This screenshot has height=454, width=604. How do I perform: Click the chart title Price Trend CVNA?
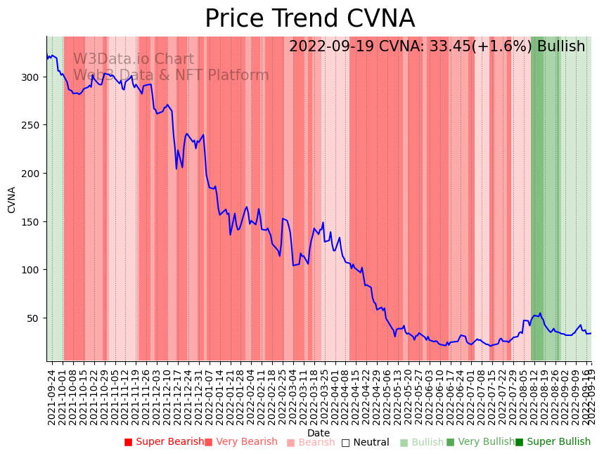point(309,19)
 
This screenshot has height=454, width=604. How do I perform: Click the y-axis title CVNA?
point(12,200)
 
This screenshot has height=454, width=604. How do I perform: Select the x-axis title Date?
point(319,434)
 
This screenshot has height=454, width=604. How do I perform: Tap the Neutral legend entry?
point(371,443)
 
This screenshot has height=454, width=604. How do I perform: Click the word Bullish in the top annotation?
point(560,47)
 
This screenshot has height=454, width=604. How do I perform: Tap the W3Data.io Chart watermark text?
point(134,60)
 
